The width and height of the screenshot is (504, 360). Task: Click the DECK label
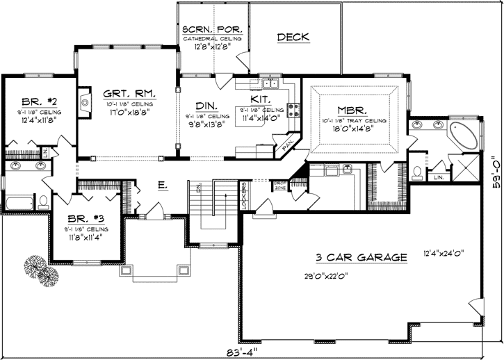(293, 37)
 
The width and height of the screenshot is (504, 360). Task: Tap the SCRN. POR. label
(211, 30)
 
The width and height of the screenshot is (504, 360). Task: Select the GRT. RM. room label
(129, 94)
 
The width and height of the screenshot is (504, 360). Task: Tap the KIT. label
(261, 101)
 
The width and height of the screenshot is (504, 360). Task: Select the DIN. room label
(206, 104)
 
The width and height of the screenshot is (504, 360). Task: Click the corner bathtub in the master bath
(462, 133)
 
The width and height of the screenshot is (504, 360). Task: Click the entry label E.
(162, 185)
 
